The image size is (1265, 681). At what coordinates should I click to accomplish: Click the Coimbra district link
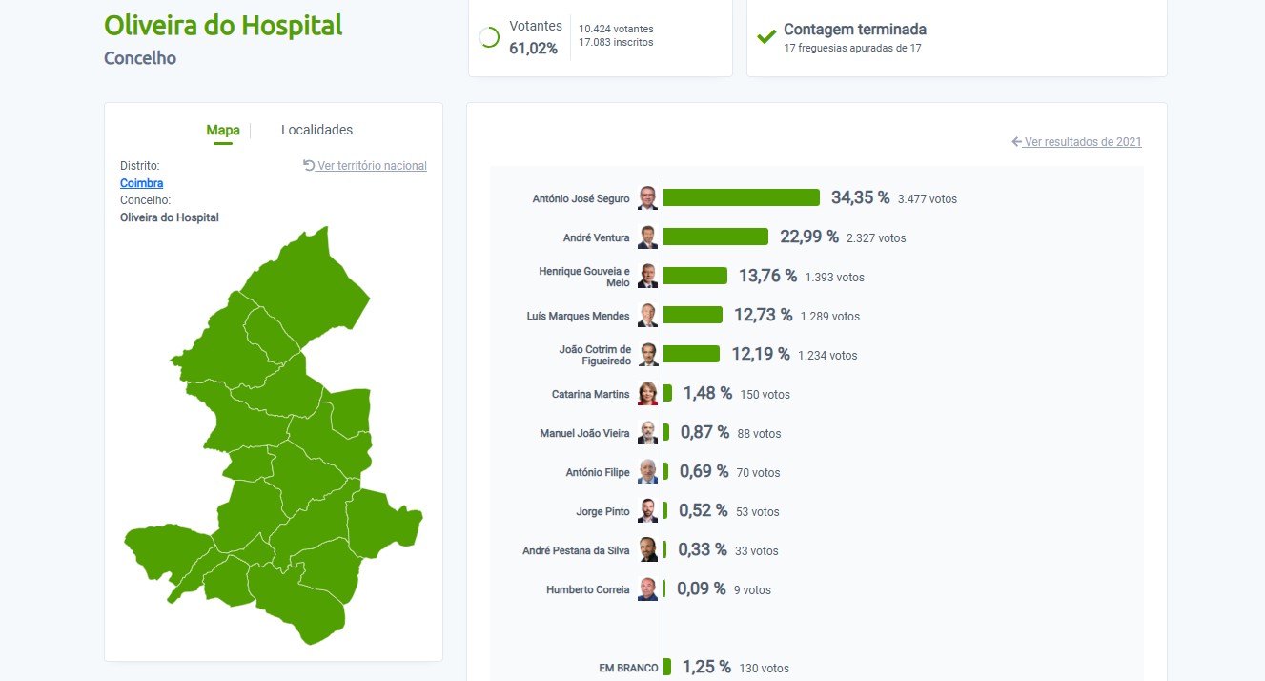click(141, 183)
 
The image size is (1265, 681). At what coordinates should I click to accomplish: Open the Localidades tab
click(316, 130)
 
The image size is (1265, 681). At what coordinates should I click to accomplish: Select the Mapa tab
click(222, 130)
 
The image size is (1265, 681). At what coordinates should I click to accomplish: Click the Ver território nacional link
click(365, 166)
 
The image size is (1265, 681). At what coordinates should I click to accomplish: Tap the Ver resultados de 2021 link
click(1076, 142)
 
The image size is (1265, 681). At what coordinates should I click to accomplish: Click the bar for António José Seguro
click(742, 197)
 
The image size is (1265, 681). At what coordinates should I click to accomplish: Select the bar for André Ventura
click(716, 237)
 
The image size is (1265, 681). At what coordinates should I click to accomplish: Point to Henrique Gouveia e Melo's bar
click(695, 276)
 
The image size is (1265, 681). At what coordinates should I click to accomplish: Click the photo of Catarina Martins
click(647, 393)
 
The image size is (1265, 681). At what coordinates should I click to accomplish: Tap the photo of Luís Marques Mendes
click(647, 316)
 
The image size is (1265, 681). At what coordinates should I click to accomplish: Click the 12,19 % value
click(761, 354)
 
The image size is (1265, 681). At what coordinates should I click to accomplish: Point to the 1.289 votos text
click(830, 317)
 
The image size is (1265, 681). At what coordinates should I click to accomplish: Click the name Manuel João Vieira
click(584, 433)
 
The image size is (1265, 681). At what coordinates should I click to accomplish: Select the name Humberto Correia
click(587, 590)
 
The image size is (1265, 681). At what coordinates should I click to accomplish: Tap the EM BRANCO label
click(628, 668)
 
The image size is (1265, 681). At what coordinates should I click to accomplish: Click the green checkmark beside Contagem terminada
click(766, 37)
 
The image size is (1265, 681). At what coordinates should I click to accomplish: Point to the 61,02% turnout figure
click(533, 49)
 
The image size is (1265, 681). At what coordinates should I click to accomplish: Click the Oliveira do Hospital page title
click(223, 26)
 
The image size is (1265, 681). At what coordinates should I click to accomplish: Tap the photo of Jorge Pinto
click(647, 511)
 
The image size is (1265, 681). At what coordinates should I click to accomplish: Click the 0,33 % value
click(702, 549)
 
